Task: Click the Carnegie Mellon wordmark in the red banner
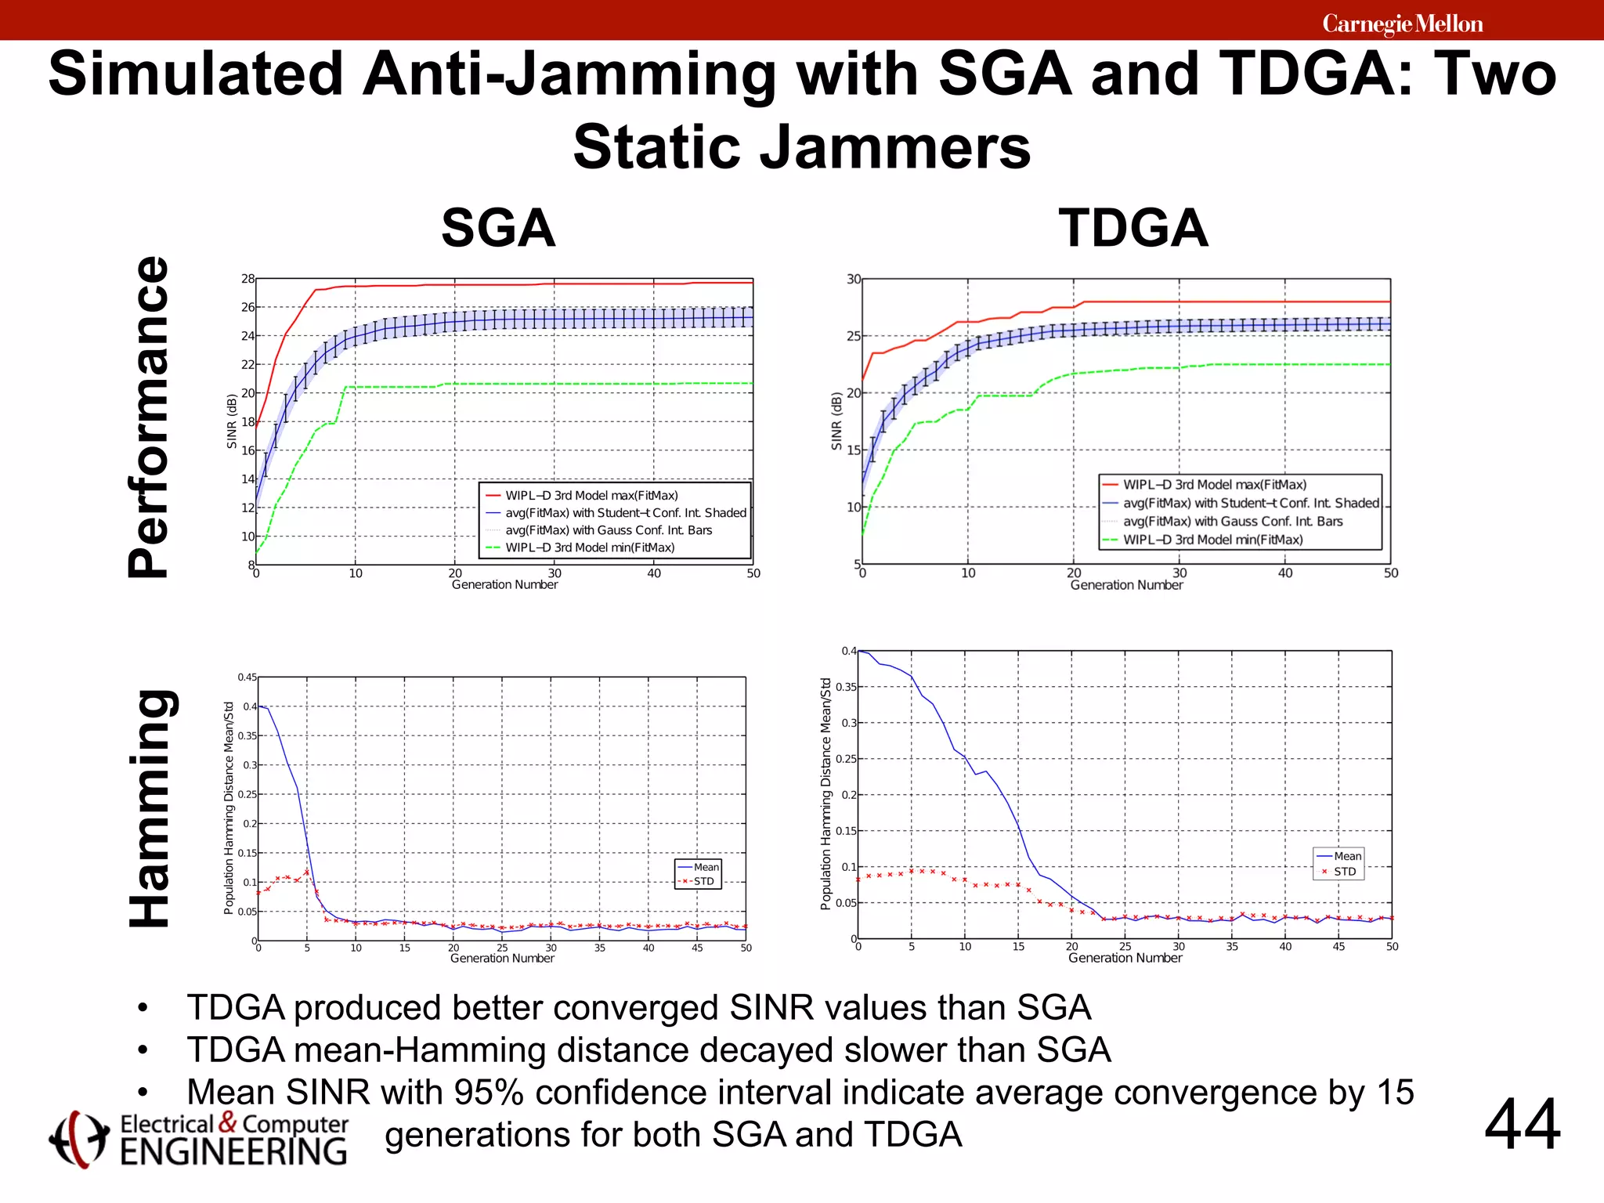coord(1402,24)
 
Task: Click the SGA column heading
coord(498,229)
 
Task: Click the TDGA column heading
coord(1133,229)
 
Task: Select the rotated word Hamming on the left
coord(150,808)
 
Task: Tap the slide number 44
coord(1522,1125)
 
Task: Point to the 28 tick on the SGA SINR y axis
coord(247,279)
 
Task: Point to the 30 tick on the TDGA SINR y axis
coord(853,280)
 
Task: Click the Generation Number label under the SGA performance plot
coord(504,585)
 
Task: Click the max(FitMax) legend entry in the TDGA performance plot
coord(1214,485)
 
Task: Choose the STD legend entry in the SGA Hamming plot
coord(703,881)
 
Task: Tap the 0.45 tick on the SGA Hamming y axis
coord(247,677)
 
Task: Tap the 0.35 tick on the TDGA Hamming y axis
coord(846,687)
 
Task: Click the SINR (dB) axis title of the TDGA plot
coord(836,421)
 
